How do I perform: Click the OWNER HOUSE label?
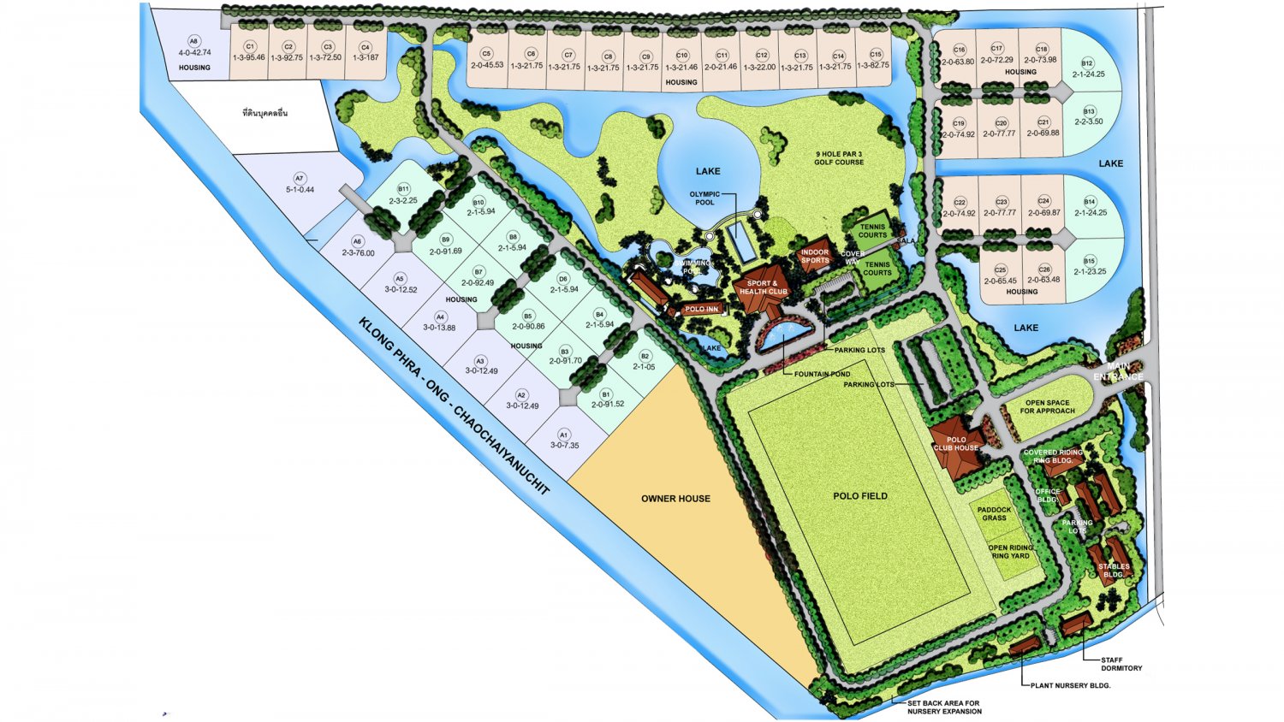[x=675, y=499]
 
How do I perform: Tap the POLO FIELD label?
[x=859, y=496]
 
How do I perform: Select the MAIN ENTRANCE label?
[x=1117, y=372]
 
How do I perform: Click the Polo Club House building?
[x=956, y=445]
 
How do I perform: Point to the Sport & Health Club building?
[x=762, y=287]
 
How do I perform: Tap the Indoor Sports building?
[x=815, y=255]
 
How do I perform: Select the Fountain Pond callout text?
[x=822, y=374]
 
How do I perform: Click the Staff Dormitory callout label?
[x=1121, y=664]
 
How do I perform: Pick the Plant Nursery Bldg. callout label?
[x=1070, y=685]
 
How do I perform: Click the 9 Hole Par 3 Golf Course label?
[x=838, y=158]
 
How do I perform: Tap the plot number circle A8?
[x=193, y=41]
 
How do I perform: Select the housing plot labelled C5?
[x=487, y=59]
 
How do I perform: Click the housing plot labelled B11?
[x=403, y=195]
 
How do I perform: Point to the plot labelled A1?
[x=564, y=440]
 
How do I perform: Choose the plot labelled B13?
[x=1089, y=116]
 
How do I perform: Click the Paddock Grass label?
[x=994, y=513]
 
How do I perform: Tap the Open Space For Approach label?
[x=1047, y=406]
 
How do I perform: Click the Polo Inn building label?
[x=701, y=309]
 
